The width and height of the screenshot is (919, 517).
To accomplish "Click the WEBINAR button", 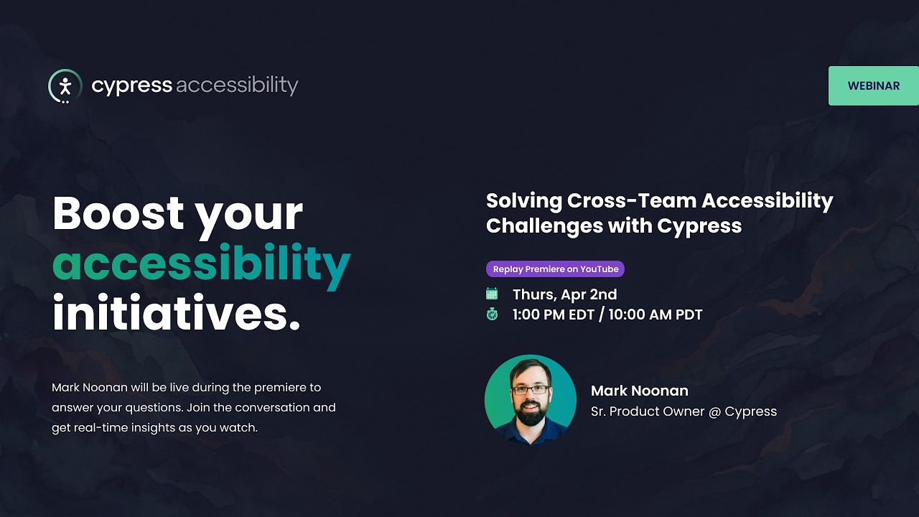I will (873, 85).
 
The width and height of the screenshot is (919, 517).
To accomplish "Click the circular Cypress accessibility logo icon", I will (65, 86).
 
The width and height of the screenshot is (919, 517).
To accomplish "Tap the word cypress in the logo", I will (131, 85).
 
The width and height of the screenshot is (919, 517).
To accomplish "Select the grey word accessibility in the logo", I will (236, 85).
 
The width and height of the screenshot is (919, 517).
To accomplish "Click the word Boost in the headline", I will (118, 213).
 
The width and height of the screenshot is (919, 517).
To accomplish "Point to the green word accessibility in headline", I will (201, 264).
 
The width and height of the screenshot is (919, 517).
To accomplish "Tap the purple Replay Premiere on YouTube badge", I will (555, 269).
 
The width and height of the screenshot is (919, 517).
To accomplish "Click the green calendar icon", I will (492, 294).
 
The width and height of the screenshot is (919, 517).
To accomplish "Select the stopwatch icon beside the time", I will (492, 314).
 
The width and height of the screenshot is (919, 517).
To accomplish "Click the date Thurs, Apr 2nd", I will (564, 294).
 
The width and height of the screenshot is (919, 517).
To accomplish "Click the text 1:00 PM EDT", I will (554, 315).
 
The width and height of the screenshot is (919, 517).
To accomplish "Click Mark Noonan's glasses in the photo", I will (531, 390).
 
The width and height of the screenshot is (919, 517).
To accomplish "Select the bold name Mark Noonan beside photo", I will (639, 391).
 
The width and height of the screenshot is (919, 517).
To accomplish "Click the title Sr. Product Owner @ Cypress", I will (684, 411).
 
